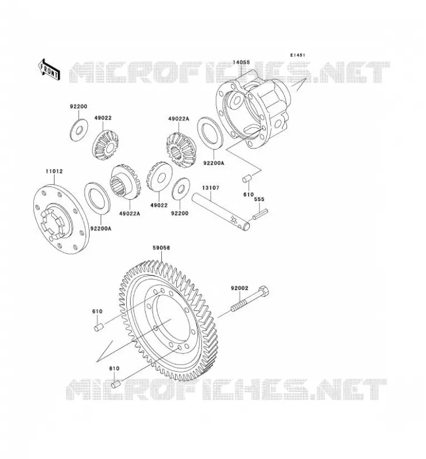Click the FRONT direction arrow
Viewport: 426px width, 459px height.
[49, 69]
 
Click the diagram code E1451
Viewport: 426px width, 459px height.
[298, 55]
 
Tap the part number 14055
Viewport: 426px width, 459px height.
[242, 63]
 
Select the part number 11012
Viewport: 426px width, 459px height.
[54, 171]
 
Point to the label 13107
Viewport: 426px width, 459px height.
[210, 188]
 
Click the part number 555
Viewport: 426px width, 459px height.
[259, 199]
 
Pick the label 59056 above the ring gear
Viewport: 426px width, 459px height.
[161, 248]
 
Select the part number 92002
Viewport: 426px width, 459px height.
[239, 289]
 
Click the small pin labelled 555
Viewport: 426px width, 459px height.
[260, 213]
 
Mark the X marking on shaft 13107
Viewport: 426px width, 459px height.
[234, 220]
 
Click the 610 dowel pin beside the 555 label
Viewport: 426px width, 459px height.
[247, 179]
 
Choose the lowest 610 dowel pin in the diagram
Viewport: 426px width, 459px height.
[116, 384]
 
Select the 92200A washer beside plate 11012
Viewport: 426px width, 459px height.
[97, 197]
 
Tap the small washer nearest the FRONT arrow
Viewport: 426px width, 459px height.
[79, 129]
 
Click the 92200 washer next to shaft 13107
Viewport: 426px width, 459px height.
[181, 189]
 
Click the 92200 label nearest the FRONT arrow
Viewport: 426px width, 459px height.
[79, 107]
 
